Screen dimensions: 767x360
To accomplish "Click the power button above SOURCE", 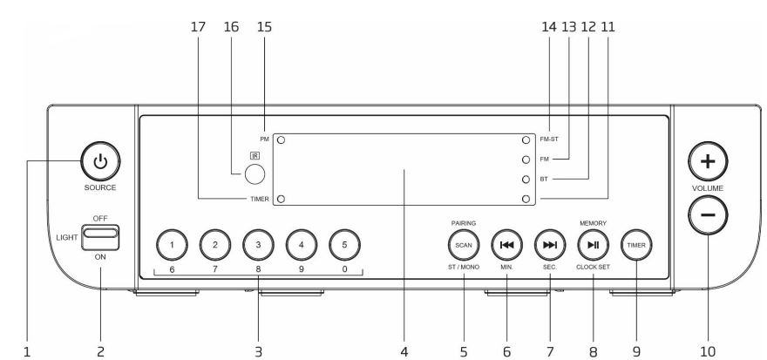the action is pos(100,161).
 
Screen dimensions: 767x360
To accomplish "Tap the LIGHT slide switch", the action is pos(99,237).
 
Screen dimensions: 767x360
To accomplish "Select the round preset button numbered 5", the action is pos(344,245).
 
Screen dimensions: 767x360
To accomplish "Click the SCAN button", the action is pos(463,245).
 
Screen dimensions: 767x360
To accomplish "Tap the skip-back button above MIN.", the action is pos(506,245).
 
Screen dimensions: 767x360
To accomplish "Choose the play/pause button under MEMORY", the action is pos(594,245).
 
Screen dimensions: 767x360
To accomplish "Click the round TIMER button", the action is pos(636,245).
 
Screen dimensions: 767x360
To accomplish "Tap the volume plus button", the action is pos(708,161).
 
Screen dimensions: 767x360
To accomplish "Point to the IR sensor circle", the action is pos(255,174).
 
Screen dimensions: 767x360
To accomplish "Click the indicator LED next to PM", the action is pos(282,139).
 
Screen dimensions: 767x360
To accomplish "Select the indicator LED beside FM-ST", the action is pos(526,139).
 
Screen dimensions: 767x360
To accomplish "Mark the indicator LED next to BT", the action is pos(526,180).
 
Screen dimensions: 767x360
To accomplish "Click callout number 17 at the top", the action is pos(198,27).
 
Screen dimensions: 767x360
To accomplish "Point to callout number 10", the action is pos(708,351).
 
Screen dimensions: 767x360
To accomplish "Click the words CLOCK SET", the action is pos(593,268).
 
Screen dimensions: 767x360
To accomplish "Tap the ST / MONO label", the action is pos(463,268).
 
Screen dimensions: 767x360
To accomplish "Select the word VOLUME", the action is pos(708,188).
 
